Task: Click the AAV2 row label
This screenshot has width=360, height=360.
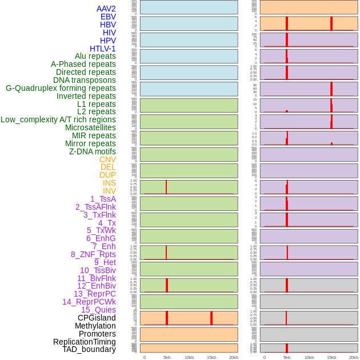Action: [x=106, y=9]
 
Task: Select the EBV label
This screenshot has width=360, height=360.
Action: [x=108, y=17]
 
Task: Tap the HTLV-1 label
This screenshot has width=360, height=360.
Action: [x=102, y=49]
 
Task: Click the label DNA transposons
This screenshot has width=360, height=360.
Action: [x=85, y=80]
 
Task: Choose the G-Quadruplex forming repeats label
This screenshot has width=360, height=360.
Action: [x=61, y=88]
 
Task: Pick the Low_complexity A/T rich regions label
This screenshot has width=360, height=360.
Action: [x=58, y=119]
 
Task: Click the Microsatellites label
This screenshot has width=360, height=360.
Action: [x=90, y=127]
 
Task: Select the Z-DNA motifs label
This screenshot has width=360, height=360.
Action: [x=93, y=151]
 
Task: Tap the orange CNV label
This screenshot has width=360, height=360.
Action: [x=107, y=159]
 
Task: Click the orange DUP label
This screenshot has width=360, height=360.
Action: [x=107, y=175]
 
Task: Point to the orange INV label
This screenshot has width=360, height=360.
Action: [x=109, y=191]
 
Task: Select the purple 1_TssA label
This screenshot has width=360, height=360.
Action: [x=103, y=199]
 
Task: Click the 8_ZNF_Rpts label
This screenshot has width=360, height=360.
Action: [x=93, y=254]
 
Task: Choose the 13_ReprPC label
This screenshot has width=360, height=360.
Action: [x=94, y=294]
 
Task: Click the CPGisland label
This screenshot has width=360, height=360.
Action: [x=97, y=318]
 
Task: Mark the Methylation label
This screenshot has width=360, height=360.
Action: [x=95, y=326]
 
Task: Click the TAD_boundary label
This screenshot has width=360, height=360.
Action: [x=89, y=349]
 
